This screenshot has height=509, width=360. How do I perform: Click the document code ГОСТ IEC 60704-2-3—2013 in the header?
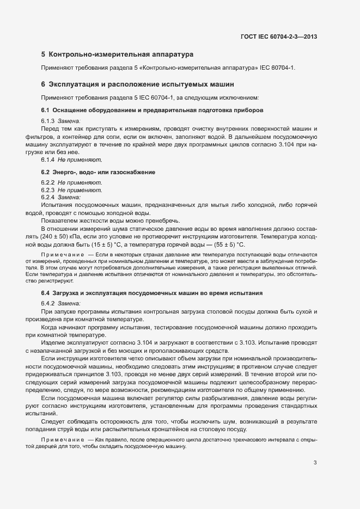pyautogui.click(x=279, y=37)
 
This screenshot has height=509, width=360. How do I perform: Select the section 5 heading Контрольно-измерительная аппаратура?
pyautogui.click(x=117, y=55)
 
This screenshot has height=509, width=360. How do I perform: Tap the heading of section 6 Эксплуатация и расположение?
pyautogui.click(x=137, y=85)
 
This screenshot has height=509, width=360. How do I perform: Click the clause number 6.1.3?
pyautogui.click(x=48, y=121)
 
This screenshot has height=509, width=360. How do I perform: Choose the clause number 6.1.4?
pyautogui.click(x=48, y=161)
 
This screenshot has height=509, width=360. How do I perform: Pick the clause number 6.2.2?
pyautogui.click(x=48, y=182)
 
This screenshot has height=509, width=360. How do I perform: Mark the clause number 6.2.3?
pyautogui.click(x=48, y=190)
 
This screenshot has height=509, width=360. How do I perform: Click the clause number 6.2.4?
pyautogui.click(x=48, y=198)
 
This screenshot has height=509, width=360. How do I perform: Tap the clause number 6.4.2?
pyautogui.click(x=48, y=303)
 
